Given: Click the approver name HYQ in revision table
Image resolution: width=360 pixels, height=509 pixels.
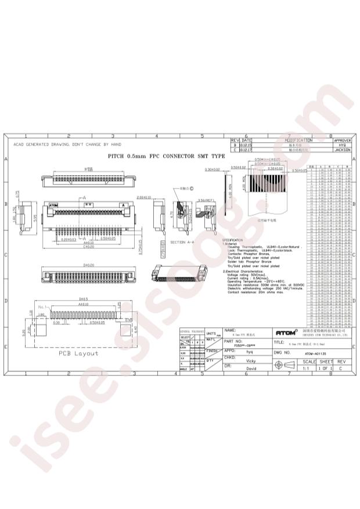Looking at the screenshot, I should pyautogui.click(x=343, y=145).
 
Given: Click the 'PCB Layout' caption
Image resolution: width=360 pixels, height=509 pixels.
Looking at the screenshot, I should pyautogui.click(x=78, y=353).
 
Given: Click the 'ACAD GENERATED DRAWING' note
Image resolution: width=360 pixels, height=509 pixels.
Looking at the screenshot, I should pyautogui.click(x=67, y=144).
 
